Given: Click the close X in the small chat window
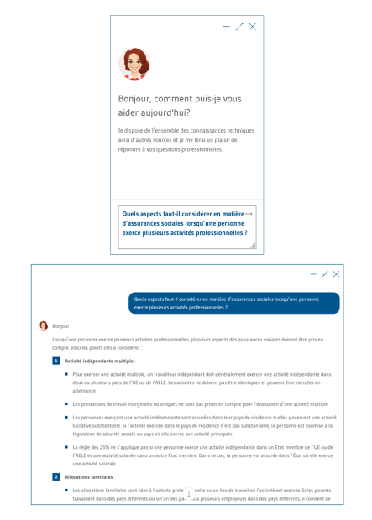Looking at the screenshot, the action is [x=253, y=27].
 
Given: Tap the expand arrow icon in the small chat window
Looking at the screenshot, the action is [x=239, y=27].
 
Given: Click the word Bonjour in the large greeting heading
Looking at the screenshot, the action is [x=135, y=98].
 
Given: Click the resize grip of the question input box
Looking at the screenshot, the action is [x=253, y=245].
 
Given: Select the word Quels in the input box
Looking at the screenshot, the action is [x=132, y=214].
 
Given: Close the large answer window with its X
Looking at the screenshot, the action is [x=337, y=274].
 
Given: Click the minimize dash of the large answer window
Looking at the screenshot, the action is [x=313, y=274].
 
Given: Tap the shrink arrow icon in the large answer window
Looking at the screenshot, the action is [x=325, y=274].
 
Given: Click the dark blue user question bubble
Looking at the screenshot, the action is [x=233, y=302].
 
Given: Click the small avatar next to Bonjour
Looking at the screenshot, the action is [x=44, y=325].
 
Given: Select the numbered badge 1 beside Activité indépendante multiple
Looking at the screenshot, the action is [x=55, y=361].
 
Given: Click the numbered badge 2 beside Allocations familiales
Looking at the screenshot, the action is [x=55, y=476].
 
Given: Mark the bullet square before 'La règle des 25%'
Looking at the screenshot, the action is [x=65, y=447].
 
